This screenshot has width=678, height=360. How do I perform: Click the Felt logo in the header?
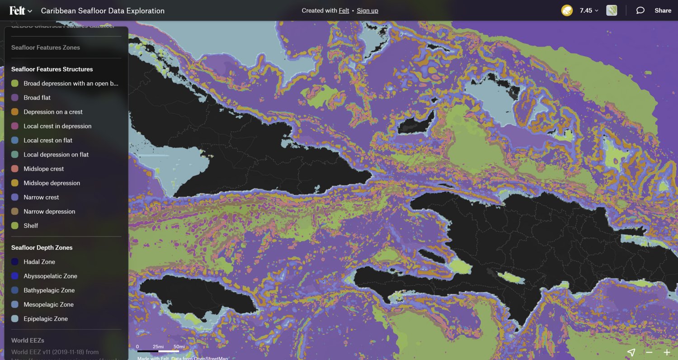point(17,10)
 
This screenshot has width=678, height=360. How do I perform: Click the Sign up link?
point(367,10)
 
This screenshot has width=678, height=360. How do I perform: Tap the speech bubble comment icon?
point(640,10)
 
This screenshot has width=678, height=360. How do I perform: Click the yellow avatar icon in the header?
point(567,10)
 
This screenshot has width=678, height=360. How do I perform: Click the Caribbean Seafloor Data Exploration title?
point(103,10)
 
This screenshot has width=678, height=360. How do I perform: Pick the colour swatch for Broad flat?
point(15,98)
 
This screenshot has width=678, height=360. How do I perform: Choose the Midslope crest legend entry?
point(44,169)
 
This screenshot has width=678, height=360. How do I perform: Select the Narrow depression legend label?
point(49,211)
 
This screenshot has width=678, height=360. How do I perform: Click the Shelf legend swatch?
point(15,226)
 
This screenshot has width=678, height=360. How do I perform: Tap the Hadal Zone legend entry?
point(39,262)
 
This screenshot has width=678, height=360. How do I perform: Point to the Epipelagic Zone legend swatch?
point(15,319)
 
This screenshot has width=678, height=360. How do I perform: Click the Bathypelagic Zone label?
point(49,290)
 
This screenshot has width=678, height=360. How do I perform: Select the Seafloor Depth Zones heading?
point(42,247)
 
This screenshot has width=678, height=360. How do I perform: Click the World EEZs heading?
point(28,340)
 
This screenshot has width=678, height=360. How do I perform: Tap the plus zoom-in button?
point(667,352)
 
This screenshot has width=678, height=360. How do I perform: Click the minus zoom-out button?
point(649,352)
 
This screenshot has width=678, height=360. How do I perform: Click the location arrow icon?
point(631,352)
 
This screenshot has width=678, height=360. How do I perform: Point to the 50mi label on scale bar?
point(179,347)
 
